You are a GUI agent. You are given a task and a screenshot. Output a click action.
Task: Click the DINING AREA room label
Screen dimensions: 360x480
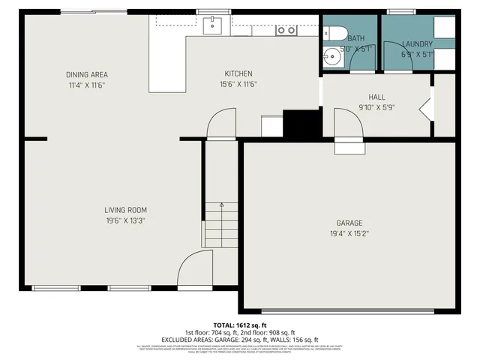pos(86,74)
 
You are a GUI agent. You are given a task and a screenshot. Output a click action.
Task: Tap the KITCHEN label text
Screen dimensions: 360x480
pos(238,73)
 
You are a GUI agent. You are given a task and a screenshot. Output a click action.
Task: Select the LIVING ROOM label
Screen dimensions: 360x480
pos(125,210)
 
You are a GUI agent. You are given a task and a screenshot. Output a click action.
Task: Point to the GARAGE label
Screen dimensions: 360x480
pos(349,223)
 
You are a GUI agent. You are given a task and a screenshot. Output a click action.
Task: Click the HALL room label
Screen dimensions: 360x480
pos(376,97)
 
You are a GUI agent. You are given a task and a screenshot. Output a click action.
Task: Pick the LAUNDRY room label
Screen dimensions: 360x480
pos(417,44)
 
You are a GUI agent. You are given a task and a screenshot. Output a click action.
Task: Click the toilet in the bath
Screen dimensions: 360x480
pos(334,32)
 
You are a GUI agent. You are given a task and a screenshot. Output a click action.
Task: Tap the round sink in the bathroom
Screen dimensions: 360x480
pos(331,56)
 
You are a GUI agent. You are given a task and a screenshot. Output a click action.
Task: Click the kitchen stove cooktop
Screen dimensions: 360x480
pos(286,30)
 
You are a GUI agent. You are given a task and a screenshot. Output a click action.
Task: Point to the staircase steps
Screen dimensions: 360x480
pos(221,225)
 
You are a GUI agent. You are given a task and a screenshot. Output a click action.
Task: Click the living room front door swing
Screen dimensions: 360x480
pos(193,268)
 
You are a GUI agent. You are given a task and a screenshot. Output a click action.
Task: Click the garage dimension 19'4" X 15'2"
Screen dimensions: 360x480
pos(349,234)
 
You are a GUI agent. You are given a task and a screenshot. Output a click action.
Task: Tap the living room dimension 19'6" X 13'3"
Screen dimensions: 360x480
pos(125,220)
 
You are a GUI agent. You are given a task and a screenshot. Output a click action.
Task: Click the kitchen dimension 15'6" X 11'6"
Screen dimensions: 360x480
pos(238,84)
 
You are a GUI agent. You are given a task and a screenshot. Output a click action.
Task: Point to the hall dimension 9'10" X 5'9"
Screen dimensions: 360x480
pos(376,107)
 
